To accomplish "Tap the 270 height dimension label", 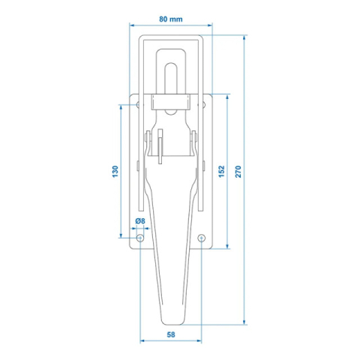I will [x=238, y=171].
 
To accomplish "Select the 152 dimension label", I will [x=222, y=171].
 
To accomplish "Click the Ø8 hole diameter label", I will [x=139, y=220].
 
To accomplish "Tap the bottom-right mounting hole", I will [x=201, y=238].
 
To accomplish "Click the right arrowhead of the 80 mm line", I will [x=211, y=24].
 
